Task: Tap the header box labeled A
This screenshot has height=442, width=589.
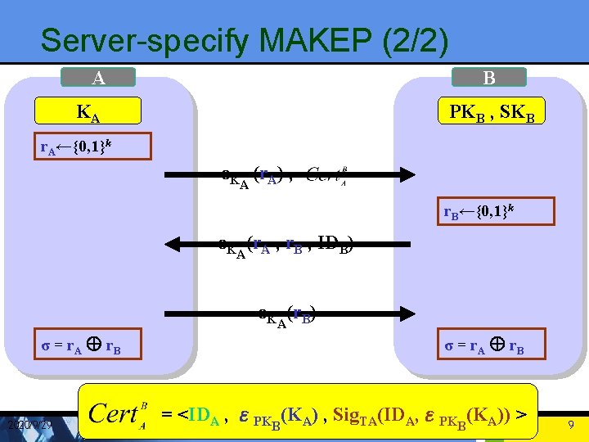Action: coord(98,78)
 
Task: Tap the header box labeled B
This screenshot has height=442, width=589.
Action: coord(489,78)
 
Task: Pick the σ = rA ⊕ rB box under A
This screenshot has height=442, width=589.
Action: coord(81,346)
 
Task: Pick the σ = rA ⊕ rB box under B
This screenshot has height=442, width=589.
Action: coord(484,346)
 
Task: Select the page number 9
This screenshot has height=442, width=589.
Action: coord(571,425)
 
